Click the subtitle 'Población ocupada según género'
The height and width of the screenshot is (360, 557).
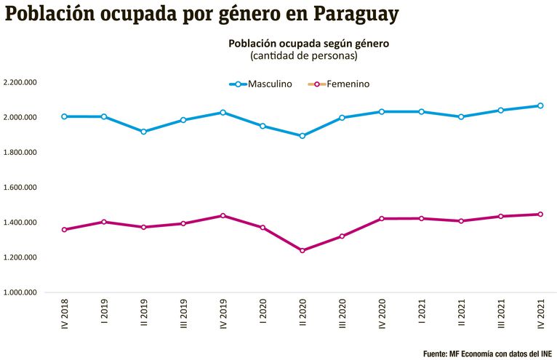tap(308, 44)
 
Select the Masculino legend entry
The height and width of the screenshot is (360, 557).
tap(261, 84)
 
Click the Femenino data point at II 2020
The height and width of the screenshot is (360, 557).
tap(302, 250)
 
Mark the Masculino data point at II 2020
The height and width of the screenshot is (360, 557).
tap(302, 136)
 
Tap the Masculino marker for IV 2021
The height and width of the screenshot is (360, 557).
tap(540, 105)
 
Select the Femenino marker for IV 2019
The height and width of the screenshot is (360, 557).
tap(223, 216)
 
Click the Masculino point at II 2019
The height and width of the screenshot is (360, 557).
tap(143, 132)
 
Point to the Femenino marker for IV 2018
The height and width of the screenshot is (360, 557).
tap(65, 230)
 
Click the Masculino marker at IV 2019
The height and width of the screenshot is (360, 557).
tap(223, 113)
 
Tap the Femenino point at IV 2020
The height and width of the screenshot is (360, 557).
tap(381, 219)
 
